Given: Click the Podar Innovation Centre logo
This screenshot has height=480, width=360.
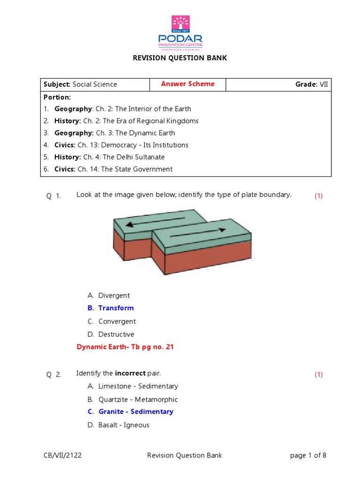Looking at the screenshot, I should [180, 33].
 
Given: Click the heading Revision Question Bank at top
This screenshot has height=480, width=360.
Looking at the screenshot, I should [180, 58].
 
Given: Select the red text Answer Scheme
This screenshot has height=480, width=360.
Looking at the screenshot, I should [187, 84].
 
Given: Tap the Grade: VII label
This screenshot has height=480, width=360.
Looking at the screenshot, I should [312, 84].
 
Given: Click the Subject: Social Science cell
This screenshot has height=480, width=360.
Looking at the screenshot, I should [80, 84].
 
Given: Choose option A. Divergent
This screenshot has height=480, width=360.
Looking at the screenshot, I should [109, 296].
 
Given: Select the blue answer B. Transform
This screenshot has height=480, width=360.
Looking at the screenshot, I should [111, 308].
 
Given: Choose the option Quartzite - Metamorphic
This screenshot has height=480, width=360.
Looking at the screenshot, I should [133, 399].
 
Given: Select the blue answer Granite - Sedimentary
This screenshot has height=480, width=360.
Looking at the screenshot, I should [130, 412].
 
